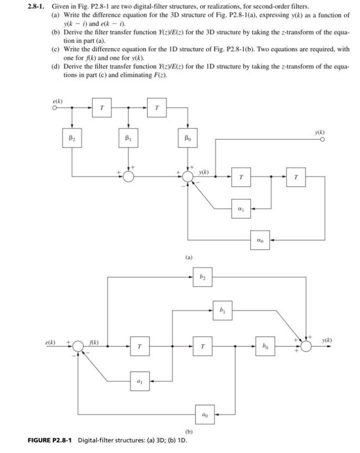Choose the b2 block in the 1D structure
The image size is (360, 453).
tap(202, 276)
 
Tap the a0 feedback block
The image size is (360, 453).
tap(203, 413)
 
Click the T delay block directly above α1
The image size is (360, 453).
tap(241, 176)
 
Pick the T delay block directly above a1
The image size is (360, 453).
tap(139, 345)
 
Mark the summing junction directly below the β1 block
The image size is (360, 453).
tap(129, 176)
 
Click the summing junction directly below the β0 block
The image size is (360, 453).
tap(187, 176)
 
